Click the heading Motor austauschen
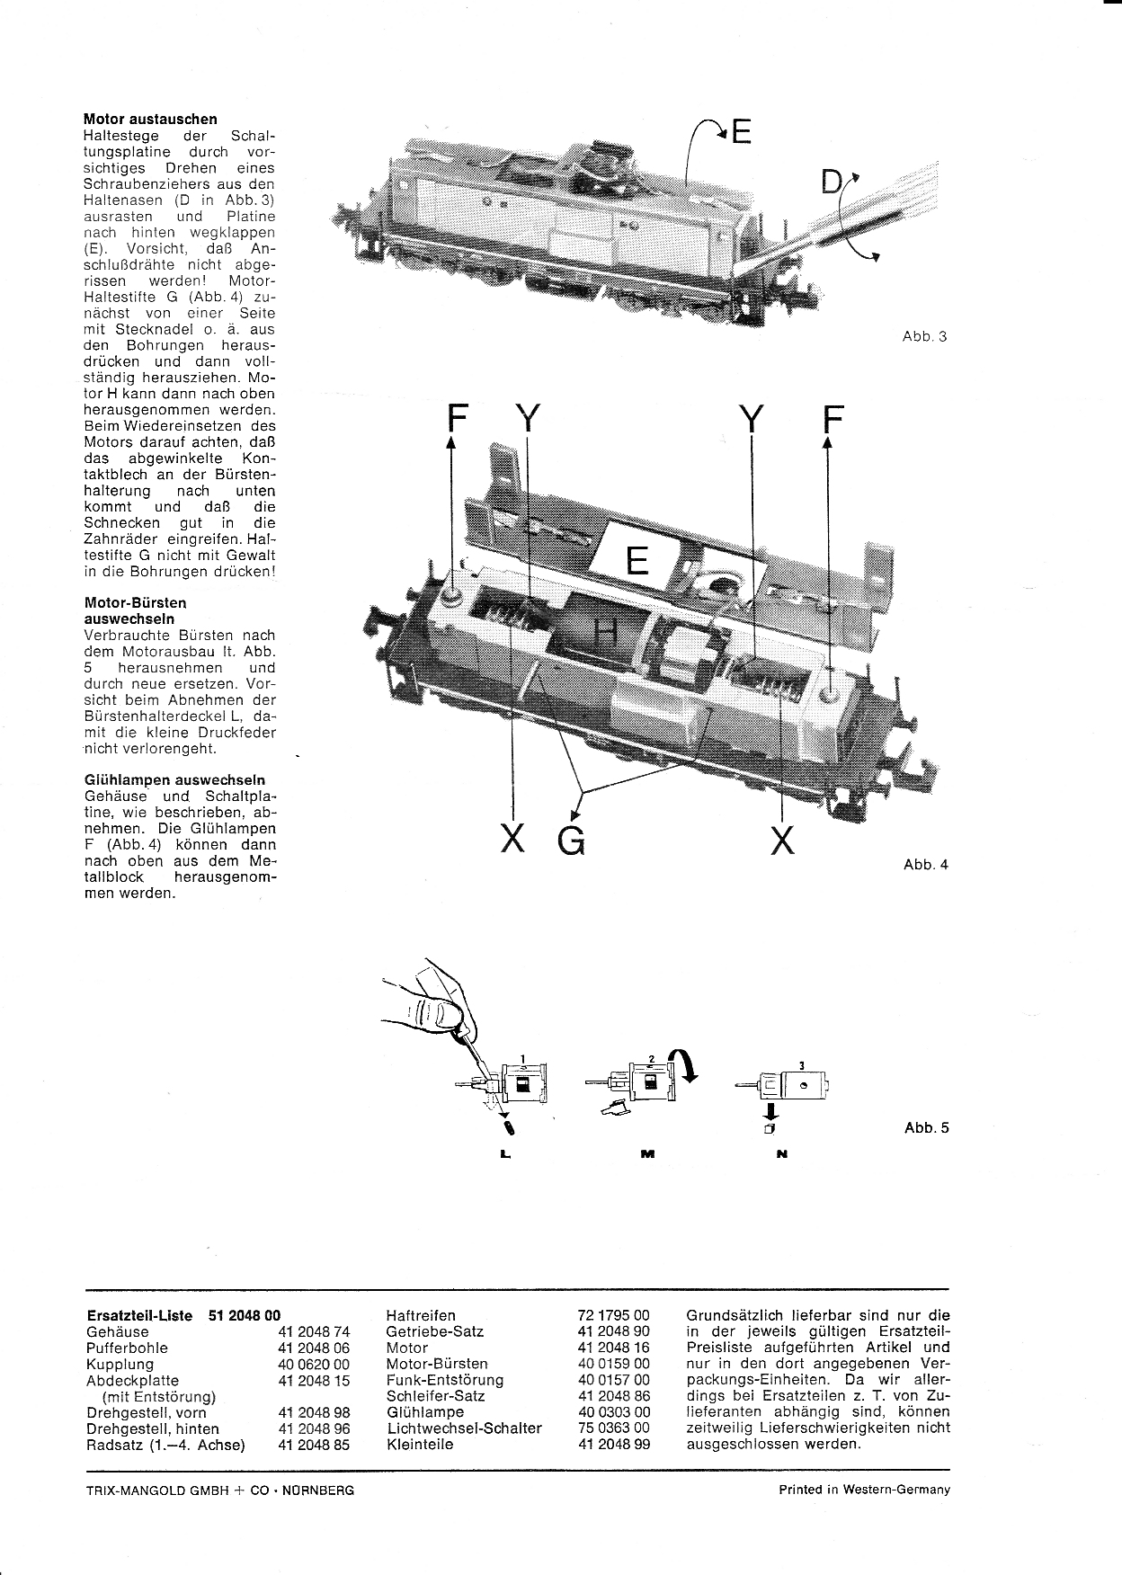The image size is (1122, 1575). [150, 119]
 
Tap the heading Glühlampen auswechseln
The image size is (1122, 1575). [174, 779]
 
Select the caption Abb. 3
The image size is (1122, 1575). [924, 337]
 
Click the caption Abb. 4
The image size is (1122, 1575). [925, 865]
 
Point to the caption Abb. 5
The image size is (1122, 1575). [926, 1128]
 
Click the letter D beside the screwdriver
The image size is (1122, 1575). [832, 184]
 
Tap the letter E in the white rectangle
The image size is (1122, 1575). [637, 561]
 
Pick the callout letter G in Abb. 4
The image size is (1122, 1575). [571, 841]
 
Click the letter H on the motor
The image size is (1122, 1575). [608, 636]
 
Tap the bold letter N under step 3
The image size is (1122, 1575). [781, 1154]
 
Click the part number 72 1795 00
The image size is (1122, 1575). [613, 1315]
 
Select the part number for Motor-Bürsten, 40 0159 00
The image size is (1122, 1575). [613, 1364]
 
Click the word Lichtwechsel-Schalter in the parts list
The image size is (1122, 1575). [464, 1428]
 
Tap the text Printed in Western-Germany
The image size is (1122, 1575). [864, 1490]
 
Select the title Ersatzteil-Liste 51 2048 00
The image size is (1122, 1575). [183, 1315]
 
